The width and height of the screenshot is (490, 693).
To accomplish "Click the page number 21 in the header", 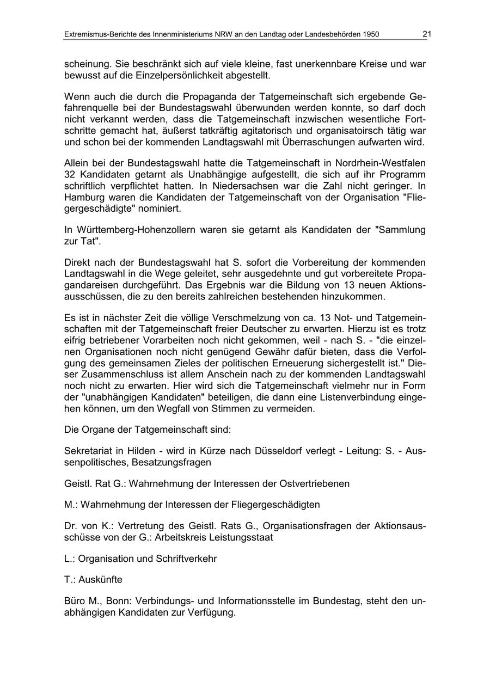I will [x=426, y=34].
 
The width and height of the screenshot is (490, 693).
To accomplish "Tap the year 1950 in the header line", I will [x=369, y=35].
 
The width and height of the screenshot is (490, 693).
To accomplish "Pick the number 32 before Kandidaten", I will [x=70, y=175].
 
